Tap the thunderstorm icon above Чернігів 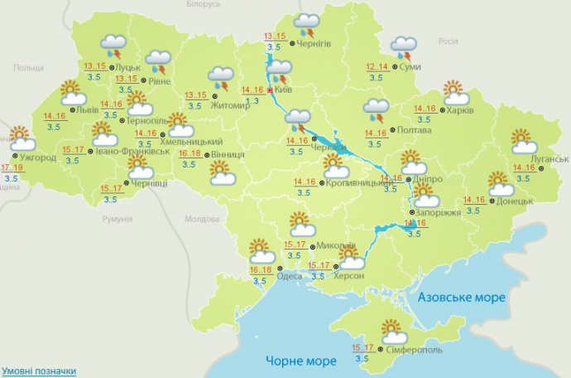(308, 23)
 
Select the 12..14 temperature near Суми (377, 66)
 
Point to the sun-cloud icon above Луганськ (524, 141)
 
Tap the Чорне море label (301, 361)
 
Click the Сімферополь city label (414, 350)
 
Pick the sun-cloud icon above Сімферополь (392, 332)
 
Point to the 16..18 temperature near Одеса (260, 271)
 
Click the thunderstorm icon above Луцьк (113, 46)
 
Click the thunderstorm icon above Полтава (377, 109)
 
